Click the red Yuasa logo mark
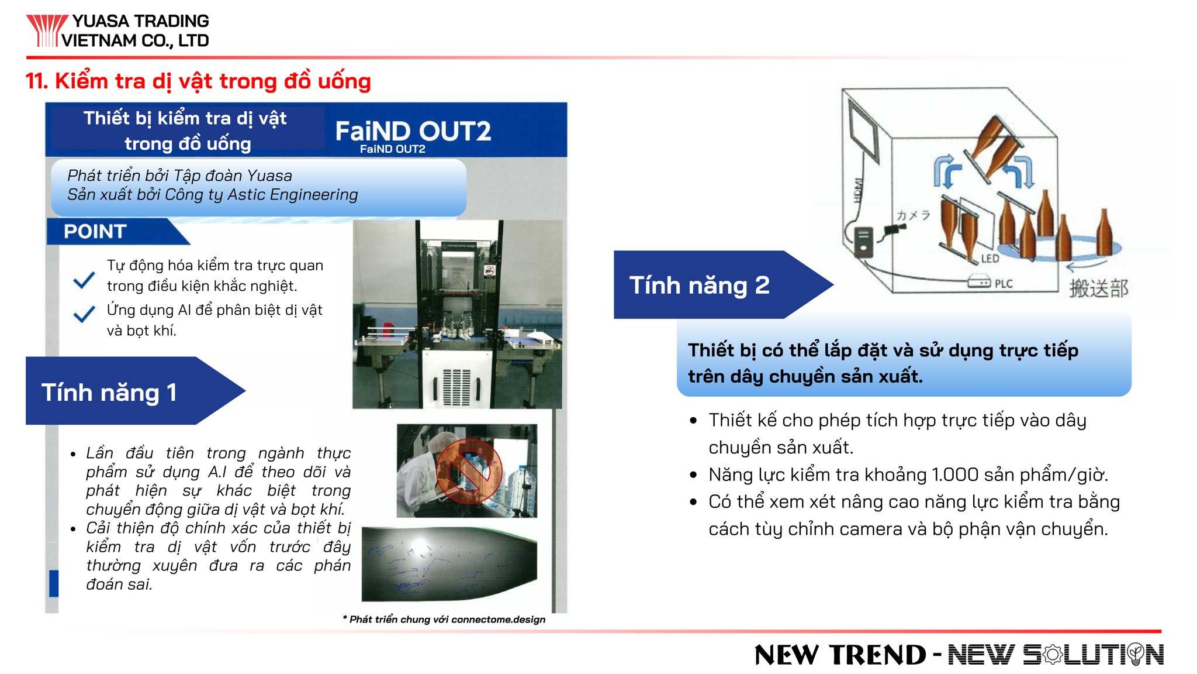(47, 30)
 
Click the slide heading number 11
(36, 81)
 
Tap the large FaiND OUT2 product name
(413, 130)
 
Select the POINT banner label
(95, 232)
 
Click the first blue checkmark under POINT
(84, 280)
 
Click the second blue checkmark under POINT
(84, 314)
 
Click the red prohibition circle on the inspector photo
(469, 471)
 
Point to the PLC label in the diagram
(1004, 284)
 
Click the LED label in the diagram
(990, 259)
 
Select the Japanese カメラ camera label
(913, 215)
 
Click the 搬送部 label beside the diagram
(1099, 288)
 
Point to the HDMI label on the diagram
(858, 190)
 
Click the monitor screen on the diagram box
(863, 132)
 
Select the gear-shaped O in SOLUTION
(1052, 655)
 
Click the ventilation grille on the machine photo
(456, 387)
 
